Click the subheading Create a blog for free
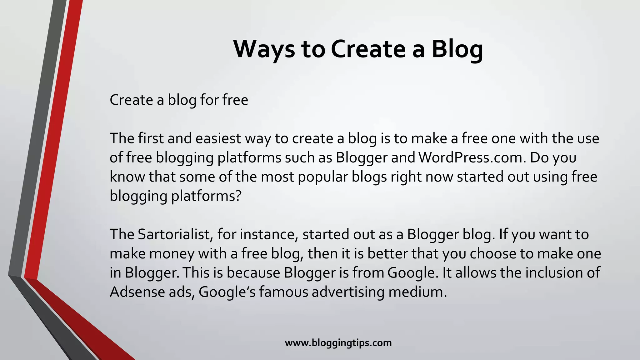click(x=179, y=100)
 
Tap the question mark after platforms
click(x=238, y=196)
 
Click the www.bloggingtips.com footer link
click(x=338, y=343)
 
